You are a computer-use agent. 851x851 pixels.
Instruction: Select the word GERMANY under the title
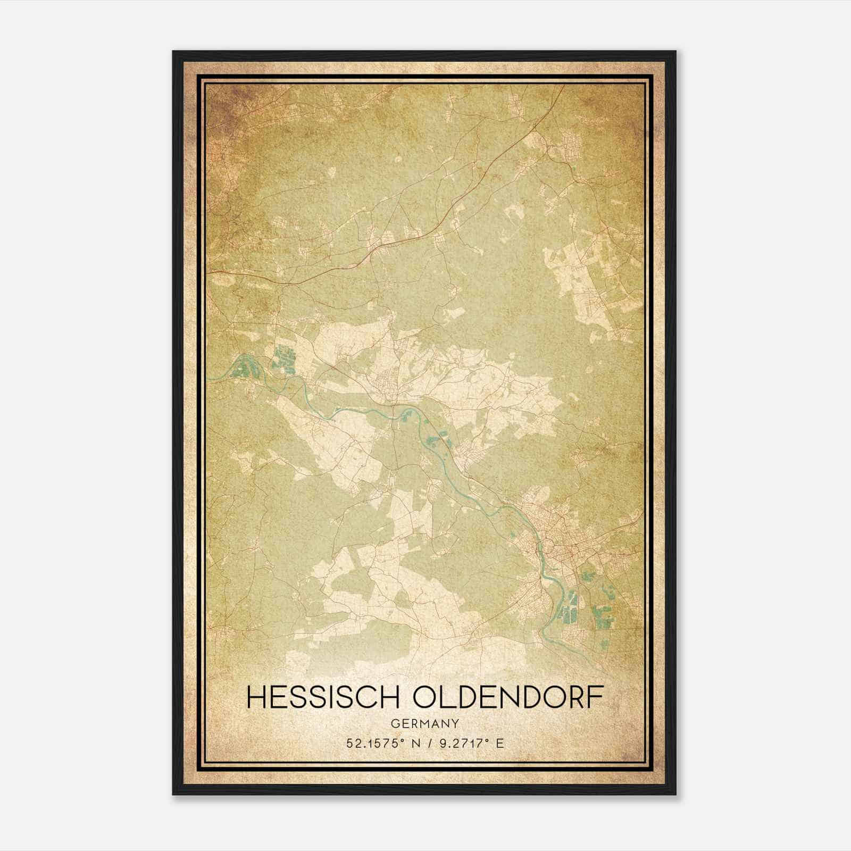(x=425, y=723)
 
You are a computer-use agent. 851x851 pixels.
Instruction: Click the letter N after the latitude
(x=408, y=744)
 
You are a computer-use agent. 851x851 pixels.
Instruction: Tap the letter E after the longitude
(x=499, y=744)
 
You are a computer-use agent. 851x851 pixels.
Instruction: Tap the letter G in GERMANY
(x=395, y=723)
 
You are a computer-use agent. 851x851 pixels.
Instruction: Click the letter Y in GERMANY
(x=456, y=723)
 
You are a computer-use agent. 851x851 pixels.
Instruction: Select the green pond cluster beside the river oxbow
(x=283, y=358)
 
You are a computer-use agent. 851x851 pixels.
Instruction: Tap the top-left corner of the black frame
(x=174, y=52)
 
